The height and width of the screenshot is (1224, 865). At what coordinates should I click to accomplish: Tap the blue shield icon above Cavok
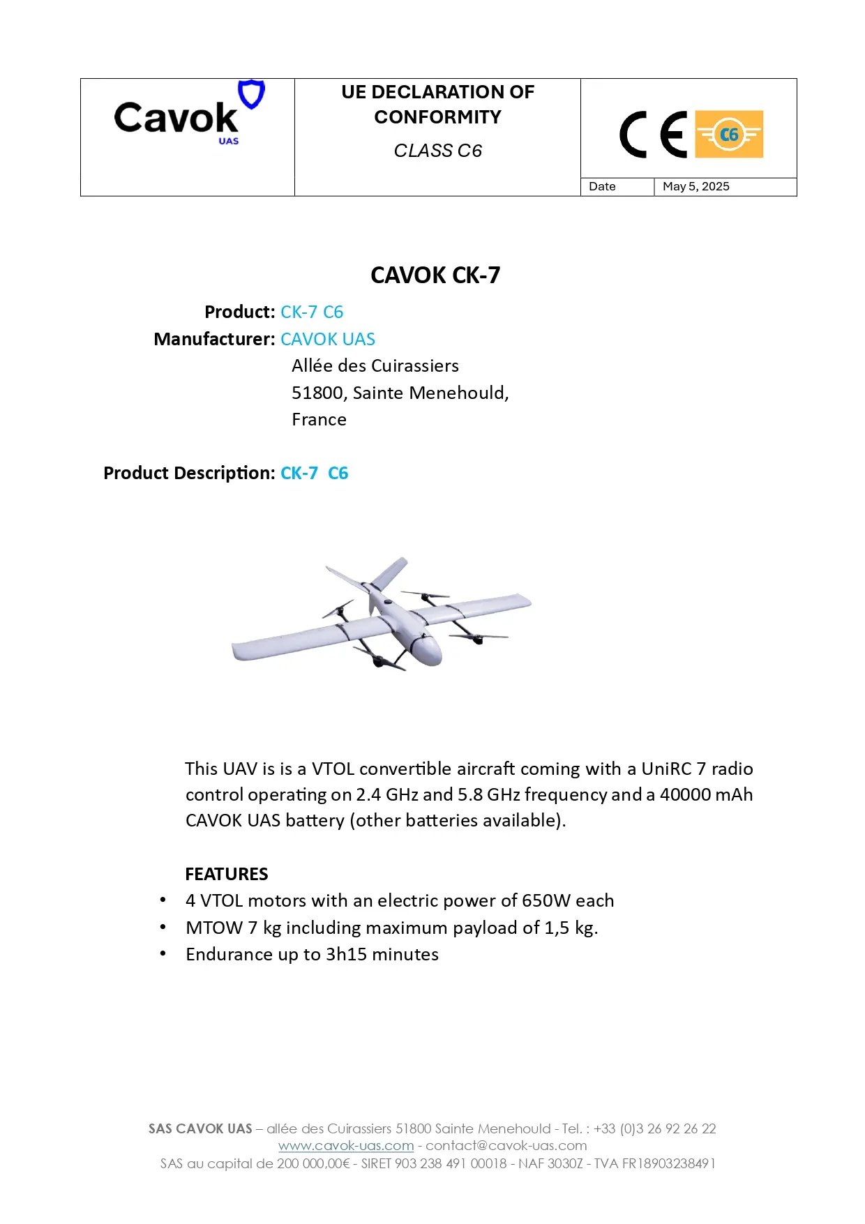251,93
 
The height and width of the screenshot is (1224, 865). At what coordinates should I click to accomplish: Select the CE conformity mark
653,134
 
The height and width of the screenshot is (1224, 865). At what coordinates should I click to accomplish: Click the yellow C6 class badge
728,134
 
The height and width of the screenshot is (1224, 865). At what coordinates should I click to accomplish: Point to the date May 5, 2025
695,186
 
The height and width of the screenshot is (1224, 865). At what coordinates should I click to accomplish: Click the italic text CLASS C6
437,151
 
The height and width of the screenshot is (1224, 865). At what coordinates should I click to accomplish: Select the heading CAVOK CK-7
435,275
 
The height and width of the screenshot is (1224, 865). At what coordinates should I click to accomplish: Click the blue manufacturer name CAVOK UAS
328,339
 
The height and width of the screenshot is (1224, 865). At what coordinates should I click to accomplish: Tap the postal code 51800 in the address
317,393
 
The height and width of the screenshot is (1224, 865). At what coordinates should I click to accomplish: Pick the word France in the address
319,419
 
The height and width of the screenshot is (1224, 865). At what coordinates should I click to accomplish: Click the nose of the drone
430,653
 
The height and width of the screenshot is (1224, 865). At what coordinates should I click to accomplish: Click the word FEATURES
227,874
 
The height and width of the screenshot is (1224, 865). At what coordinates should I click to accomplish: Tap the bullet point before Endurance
163,953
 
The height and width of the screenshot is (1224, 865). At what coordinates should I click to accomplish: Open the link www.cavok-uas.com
346,1145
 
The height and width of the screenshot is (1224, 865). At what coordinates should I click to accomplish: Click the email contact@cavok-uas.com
506,1145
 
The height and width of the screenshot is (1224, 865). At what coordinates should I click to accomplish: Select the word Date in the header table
602,186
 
